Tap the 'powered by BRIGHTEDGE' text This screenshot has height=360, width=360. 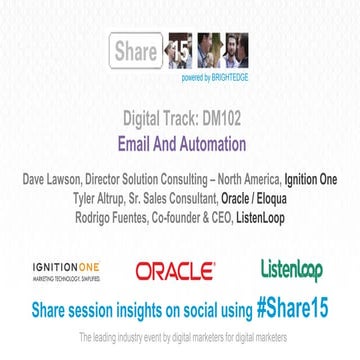tap(181, 78)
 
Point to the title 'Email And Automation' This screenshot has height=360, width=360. tap(181, 143)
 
